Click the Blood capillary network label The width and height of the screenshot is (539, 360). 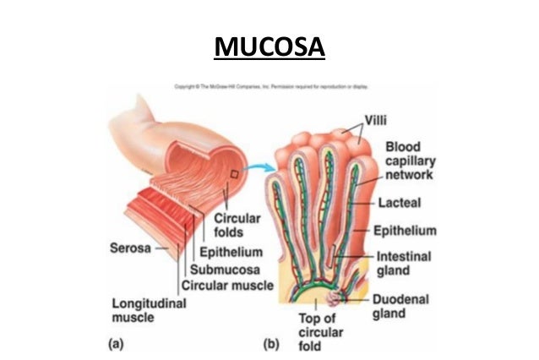click(409, 161)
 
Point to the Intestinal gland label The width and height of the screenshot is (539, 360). click(404, 263)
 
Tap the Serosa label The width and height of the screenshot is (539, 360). click(131, 248)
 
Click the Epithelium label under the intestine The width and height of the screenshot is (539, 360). click(231, 252)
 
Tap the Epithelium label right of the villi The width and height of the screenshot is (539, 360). click(406, 230)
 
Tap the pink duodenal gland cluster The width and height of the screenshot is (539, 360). click(346, 297)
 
